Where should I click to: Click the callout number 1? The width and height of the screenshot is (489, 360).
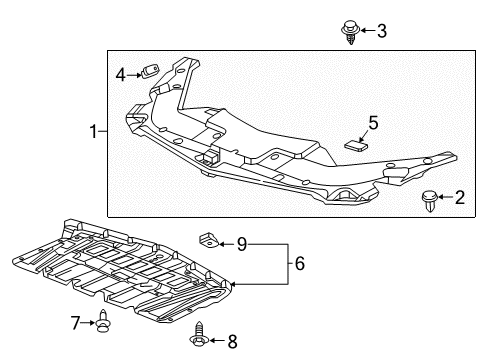click(94, 132)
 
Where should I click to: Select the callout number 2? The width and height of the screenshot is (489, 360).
click(459, 198)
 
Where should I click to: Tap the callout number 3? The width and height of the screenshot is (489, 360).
click(381, 31)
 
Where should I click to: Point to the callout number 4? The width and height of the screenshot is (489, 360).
click(121, 73)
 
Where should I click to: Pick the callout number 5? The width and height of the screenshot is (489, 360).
click(372, 123)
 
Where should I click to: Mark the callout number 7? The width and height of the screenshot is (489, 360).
click(76, 322)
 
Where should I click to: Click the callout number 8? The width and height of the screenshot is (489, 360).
click(233, 341)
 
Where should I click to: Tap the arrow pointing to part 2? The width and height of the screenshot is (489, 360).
click(446, 198)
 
